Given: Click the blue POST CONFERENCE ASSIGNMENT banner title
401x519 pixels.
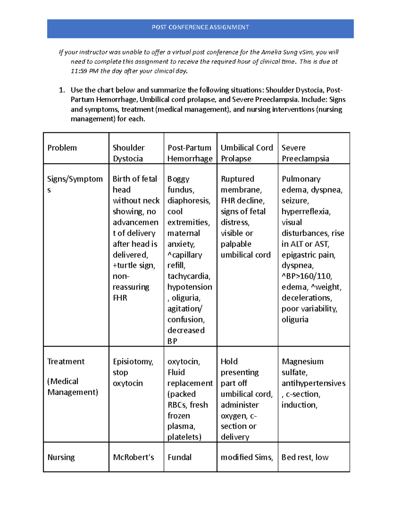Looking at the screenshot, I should click(200, 27).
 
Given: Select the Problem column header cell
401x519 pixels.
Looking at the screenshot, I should click(62, 148).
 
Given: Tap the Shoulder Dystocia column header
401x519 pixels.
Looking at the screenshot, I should click(129, 153).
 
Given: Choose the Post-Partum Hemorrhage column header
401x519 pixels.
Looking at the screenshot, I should click(189, 153).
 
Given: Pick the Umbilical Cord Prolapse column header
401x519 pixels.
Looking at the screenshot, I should click(247, 153).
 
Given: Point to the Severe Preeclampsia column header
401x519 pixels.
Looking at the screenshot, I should click(305, 153).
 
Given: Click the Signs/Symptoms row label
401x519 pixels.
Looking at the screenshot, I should click(75, 184).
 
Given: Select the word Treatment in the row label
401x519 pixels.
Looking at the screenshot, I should click(66, 362).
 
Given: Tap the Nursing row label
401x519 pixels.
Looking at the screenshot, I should click(61, 457).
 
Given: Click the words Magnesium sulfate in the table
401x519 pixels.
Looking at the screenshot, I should click(302, 367).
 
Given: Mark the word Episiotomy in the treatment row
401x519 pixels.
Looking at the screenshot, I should click(133, 362).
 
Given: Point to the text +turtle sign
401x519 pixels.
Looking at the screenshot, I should click(134, 265).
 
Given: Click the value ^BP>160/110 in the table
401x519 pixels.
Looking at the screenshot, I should click(306, 276).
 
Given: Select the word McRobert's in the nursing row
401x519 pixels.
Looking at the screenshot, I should click(133, 457).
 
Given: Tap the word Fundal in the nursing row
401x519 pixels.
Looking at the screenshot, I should click(179, 457).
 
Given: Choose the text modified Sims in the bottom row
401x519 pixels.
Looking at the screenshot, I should click(247, 457).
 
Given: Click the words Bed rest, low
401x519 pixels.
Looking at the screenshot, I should click(305, 457).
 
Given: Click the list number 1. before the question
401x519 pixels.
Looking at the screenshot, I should click(62, 90).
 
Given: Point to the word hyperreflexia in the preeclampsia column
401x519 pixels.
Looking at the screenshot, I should click(306, 212).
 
